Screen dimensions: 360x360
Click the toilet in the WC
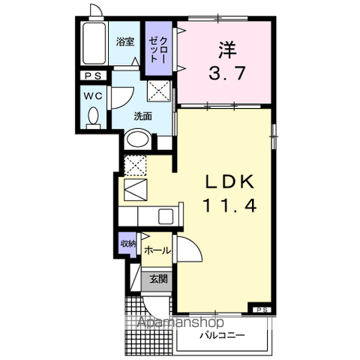click(x=94, y=118)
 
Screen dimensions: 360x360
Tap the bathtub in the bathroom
click(x=94, y=43)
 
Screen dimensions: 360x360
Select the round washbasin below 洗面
click(x=137, y=139)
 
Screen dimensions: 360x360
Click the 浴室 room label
click(x=125, y=42)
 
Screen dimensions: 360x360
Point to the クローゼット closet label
click(x=158, y=49)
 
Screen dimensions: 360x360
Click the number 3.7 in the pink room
click(x=226, y=73)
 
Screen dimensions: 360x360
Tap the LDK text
click(x=229, y=181)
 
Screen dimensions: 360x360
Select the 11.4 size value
click(x=230, y=205)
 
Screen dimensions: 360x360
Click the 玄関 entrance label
click(x=158, y=279)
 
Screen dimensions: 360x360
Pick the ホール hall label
click(x=157, y=250)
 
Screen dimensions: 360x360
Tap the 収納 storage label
click(x=127, y=244)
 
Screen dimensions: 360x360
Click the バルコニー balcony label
click(x=222, y=335)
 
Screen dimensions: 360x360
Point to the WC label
click(x=93, y=96)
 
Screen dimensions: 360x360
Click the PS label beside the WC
click(x=93, y=76)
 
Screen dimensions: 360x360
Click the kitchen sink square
click(x=166, y=217)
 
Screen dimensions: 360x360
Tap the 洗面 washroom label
click(x=142, y=116)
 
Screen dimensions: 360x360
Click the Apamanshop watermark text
click(x=181, y=322)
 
